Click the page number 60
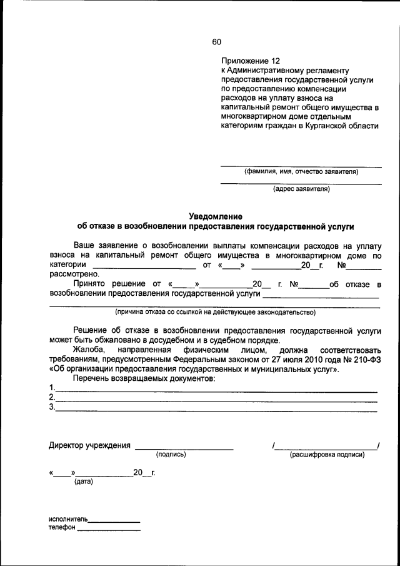click(x=216, y=42)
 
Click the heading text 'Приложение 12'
click(x=249, y=61)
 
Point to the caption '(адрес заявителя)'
click(x=301, y=188)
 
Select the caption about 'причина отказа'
click(x=214, y=311)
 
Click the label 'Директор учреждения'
click(x=89, y=446)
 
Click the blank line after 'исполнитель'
click(x=114, y=520)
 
